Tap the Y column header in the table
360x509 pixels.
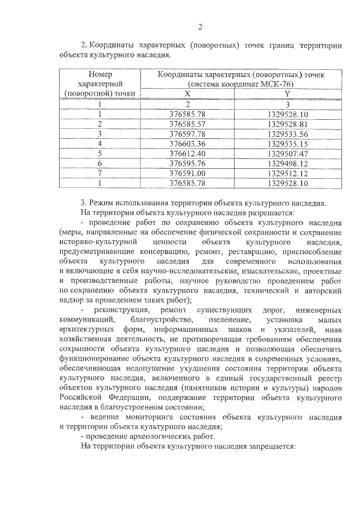pyautogui.click(x=287, y=93)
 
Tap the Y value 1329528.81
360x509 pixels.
pyautogui.click(x=287, y=124)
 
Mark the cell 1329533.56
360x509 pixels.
pyautogui.click(x=287, y=134)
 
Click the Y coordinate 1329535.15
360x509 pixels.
pyautogui.click(x=287, y=143)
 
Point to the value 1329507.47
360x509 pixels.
pyautogui.click(x=287, y=153)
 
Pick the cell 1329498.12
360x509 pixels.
pyautogui.click(x=287, y=163)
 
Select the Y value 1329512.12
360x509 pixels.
pyautogui.click(x=287, y=173)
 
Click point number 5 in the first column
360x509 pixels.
pyautogui.click(x=100, y=153)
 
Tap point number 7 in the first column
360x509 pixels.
pyautogui.click(x=100, y=173)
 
